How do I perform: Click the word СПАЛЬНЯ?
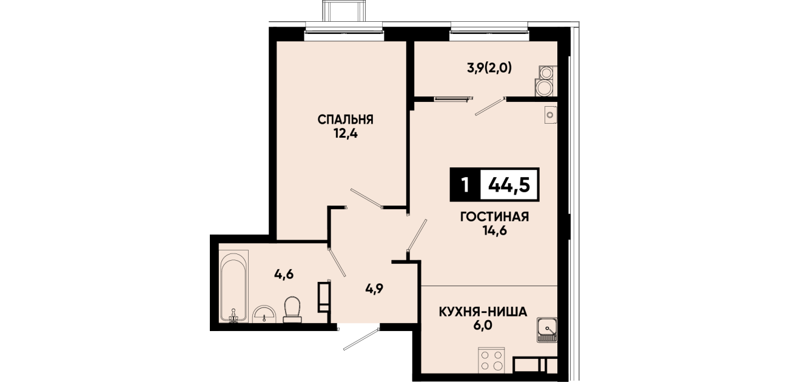[x=345, y=119]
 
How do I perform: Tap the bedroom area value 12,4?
[x=345, y=134]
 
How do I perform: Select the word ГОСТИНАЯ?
[x=494, y=217]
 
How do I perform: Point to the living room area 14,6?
[x=494, y=230]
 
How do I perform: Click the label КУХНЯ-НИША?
[x=483, y=312]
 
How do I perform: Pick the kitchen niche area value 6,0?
[x=483, y=326]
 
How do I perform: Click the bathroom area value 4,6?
[x=284, y=274]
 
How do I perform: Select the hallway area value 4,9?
[x=374, y=289]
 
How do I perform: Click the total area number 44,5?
[x=509, y=185]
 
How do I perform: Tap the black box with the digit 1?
[x=465, y=185]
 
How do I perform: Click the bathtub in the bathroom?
[x=234, y=286]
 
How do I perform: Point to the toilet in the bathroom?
[x=292, y=309]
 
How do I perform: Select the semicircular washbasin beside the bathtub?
[x=264, y=313]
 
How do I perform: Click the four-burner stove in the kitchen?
[x=491, y=360]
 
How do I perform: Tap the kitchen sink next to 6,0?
[x=546, y=330]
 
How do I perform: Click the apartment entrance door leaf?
[x=361, y=339]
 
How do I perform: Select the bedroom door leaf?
[x=366, y=198]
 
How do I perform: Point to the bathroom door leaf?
[x=337, y=263]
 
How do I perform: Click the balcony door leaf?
[x=490, y=107]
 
